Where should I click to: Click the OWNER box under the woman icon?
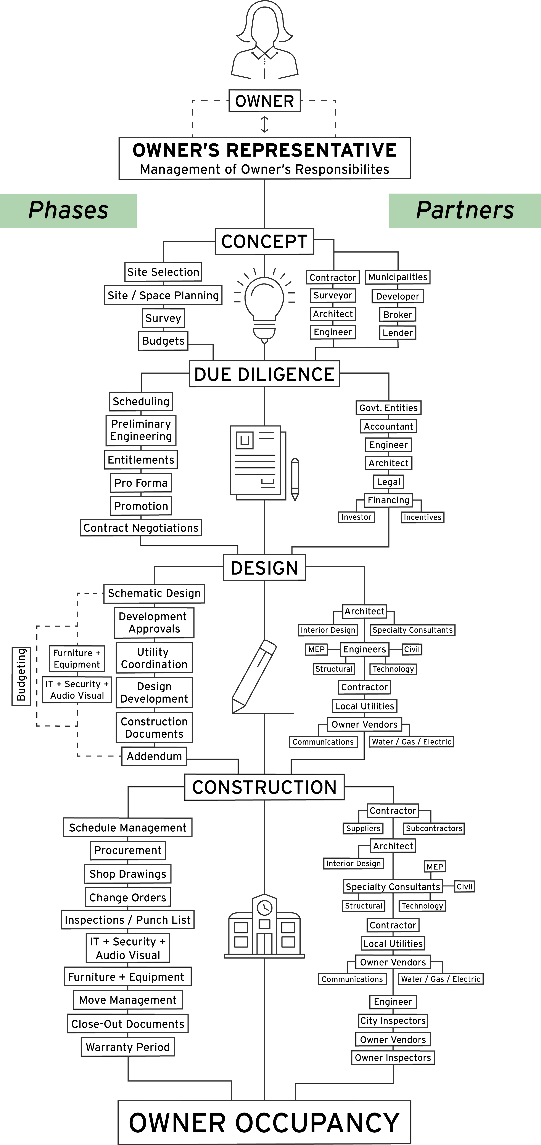[264, 101]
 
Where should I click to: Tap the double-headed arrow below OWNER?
[264, 125]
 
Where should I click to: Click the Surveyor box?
[333, 296]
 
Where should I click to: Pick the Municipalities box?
[398, 277]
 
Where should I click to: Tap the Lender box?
[398, 332]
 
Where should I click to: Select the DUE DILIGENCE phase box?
[264, 374]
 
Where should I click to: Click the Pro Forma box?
[141, 483]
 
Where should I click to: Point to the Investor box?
[356, 517]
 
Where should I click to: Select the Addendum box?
[154, 756]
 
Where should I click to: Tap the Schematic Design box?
[154, 593]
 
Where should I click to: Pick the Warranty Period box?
[127, 1047]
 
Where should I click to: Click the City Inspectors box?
[393, 1020]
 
